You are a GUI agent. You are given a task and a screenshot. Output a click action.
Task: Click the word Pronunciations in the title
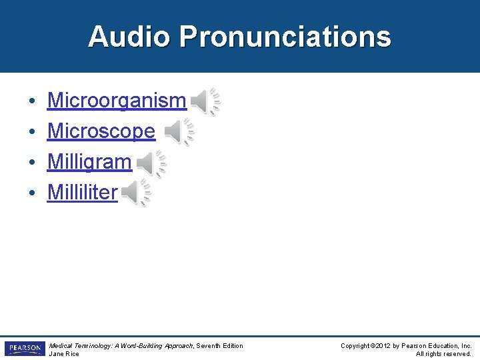click(x=285, y=37)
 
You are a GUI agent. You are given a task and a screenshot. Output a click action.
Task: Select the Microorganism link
click(x=117, y=101)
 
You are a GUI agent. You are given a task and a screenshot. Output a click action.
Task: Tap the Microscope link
click(x=101, y=131)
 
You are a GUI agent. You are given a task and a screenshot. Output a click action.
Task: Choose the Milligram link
click(x=89, y=162)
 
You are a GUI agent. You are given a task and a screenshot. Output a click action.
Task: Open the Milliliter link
click(x=82, y=193)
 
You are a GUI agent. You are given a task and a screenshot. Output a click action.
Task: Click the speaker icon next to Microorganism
click(x=205, y=101)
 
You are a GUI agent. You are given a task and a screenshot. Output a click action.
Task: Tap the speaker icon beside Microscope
click(x=179, y=132)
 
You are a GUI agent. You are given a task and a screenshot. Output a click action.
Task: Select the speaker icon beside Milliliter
click(x=135, y=193)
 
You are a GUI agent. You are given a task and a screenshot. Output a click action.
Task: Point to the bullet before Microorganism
click(x=32, y=102)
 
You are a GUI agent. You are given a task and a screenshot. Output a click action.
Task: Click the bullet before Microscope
click(x=32, y=133)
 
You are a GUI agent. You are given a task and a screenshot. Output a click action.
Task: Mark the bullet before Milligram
click(x=32, y=163)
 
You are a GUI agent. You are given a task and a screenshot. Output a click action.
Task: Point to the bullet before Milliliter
click(x=32, y=194)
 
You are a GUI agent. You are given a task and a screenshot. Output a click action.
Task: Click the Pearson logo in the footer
click(x=24, y=349)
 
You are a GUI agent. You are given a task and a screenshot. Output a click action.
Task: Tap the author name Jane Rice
click(x=64, y=353)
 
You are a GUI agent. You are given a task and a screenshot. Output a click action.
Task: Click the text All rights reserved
click(x=443, y=353)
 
